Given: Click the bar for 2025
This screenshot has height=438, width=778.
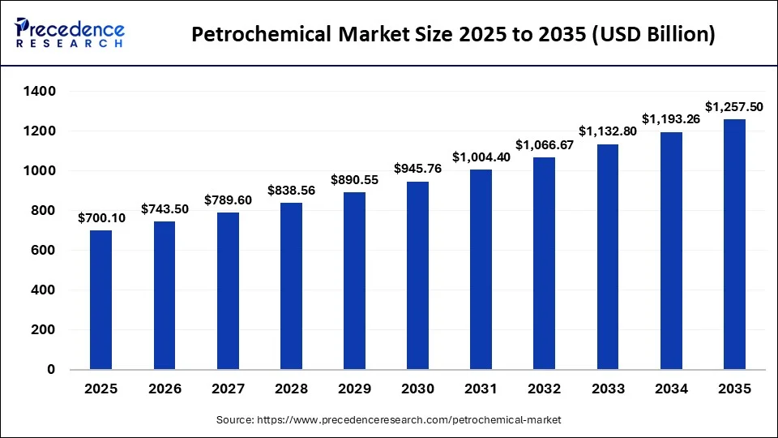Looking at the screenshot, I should [101, 300].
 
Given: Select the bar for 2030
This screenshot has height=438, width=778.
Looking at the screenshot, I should [417, 276].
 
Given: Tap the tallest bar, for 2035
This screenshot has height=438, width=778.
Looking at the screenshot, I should [734, 244].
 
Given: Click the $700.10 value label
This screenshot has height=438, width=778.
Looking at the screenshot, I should [101, 218].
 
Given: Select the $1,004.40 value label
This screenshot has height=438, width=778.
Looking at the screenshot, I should [481, 157].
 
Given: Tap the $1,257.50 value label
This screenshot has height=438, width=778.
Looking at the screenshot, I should [733, 107].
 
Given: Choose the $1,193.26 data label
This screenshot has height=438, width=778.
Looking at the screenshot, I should [670, 119].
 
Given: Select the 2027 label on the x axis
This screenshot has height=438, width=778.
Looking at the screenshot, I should [228, 389].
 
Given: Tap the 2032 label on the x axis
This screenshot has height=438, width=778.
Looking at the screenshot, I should [544, 389].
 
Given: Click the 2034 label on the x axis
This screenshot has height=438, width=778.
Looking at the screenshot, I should [670, 389].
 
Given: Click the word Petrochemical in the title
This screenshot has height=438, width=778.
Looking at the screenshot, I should [260, 35].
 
